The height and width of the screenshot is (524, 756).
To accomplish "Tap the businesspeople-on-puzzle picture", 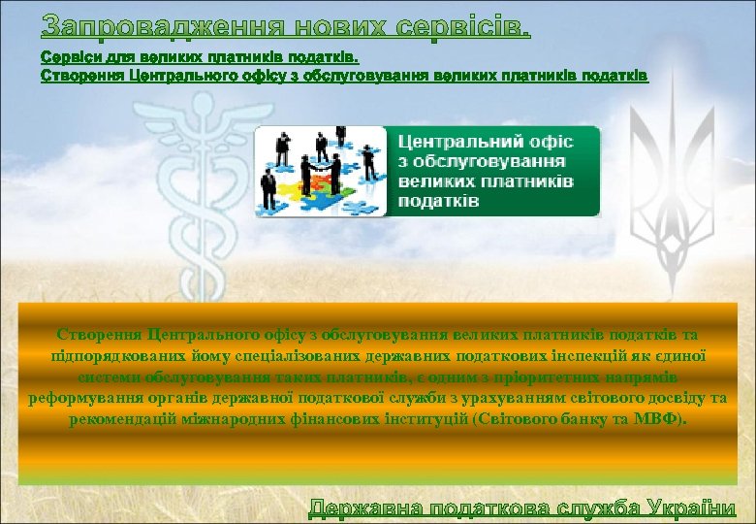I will pos(320,172).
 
